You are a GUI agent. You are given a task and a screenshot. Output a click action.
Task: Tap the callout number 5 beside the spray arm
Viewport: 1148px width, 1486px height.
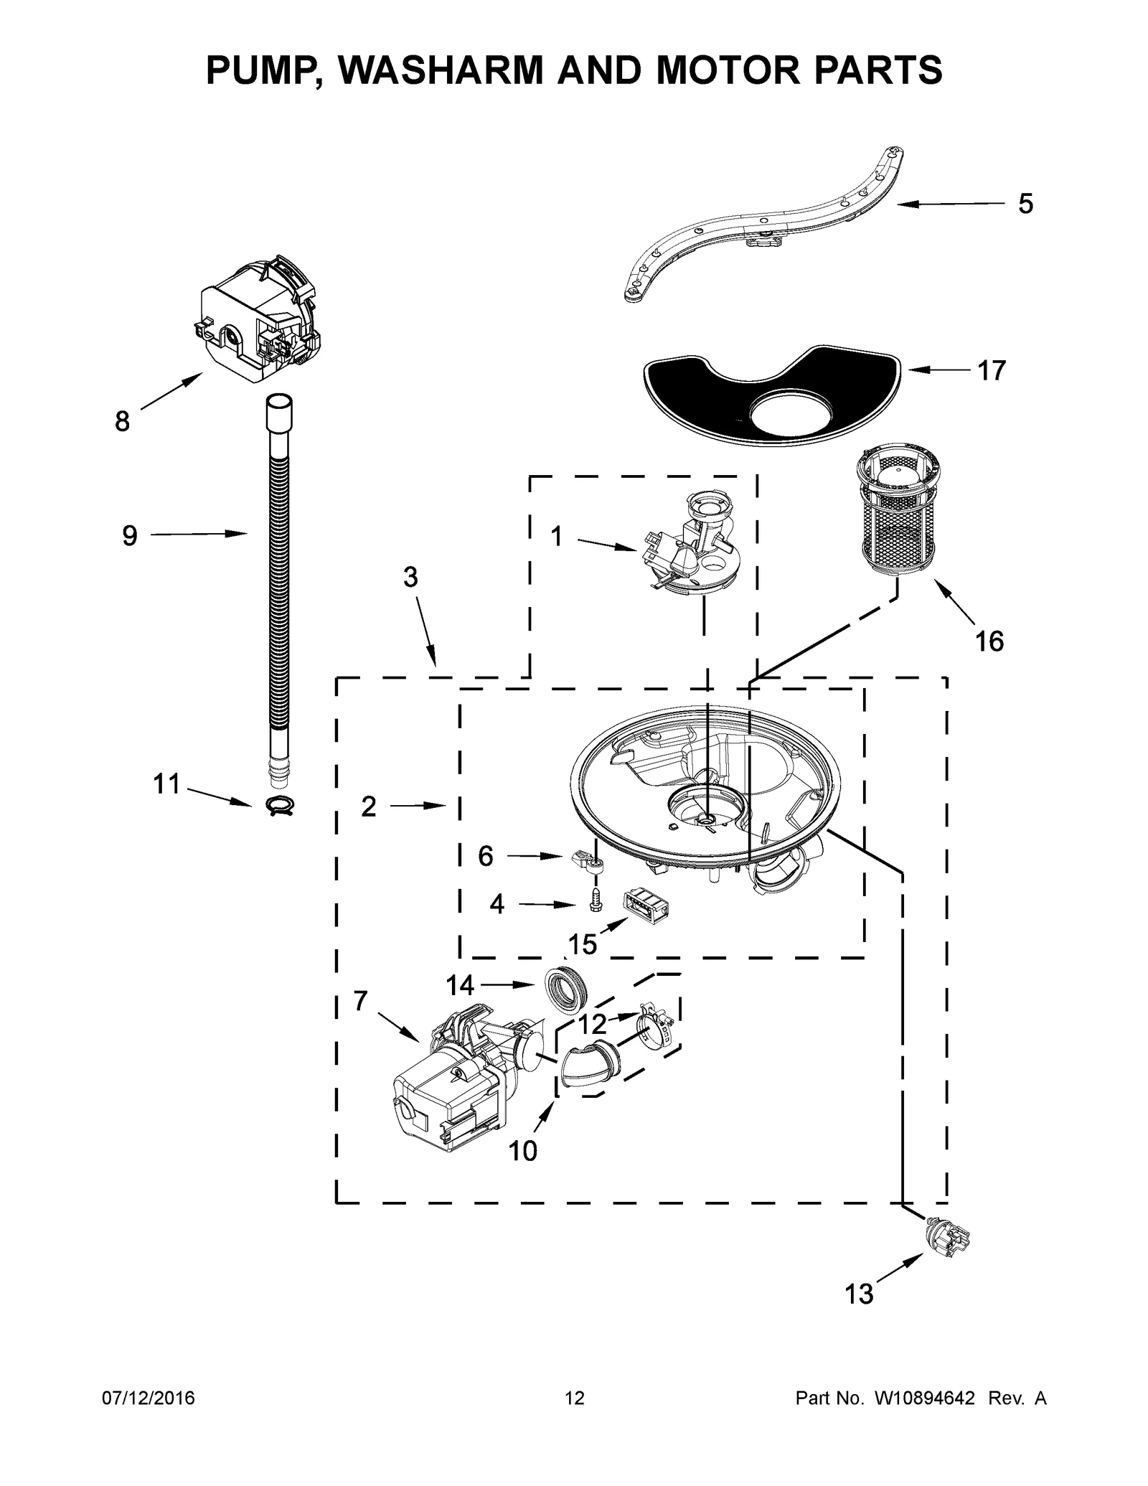click(1025, 204)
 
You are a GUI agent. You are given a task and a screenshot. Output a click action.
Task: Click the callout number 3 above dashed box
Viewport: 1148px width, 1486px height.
click(410, 578)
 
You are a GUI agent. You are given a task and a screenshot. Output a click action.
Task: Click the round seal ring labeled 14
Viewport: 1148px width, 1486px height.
click(567, 991)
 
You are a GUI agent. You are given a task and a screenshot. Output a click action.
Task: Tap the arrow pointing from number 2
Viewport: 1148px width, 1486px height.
click(423, 807)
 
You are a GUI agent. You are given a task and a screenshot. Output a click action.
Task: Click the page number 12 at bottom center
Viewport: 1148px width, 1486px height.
click(575, 1398)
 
